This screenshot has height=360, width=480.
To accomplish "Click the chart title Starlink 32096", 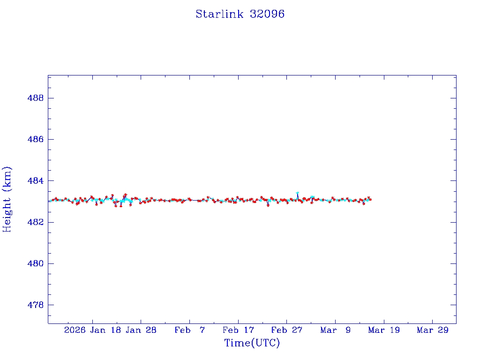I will click(x=240, y=14).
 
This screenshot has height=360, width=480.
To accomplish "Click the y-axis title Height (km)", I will click(x=7, y=199).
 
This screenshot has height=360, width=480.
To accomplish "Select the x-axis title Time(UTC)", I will click(x=252, y=343).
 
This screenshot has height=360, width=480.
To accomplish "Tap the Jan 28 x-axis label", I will click(x=141, y=330).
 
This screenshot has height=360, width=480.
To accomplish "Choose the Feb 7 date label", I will click(x=189, y=330).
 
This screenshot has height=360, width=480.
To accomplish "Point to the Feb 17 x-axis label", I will click(x=238, y=330).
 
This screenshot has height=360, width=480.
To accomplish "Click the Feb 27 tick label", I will click(x=286, y=330).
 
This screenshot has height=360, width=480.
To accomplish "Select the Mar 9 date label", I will click(x=335, y=330).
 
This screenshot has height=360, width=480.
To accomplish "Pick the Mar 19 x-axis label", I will click(x=384, y=330).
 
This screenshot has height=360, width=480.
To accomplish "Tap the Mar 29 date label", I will click(x=432, y=330).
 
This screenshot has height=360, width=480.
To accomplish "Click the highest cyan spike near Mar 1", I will click(x=297, y=193).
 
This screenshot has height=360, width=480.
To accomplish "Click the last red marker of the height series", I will click(x=370, y=200).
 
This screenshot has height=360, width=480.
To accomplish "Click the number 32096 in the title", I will click(x=267, y=14).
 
